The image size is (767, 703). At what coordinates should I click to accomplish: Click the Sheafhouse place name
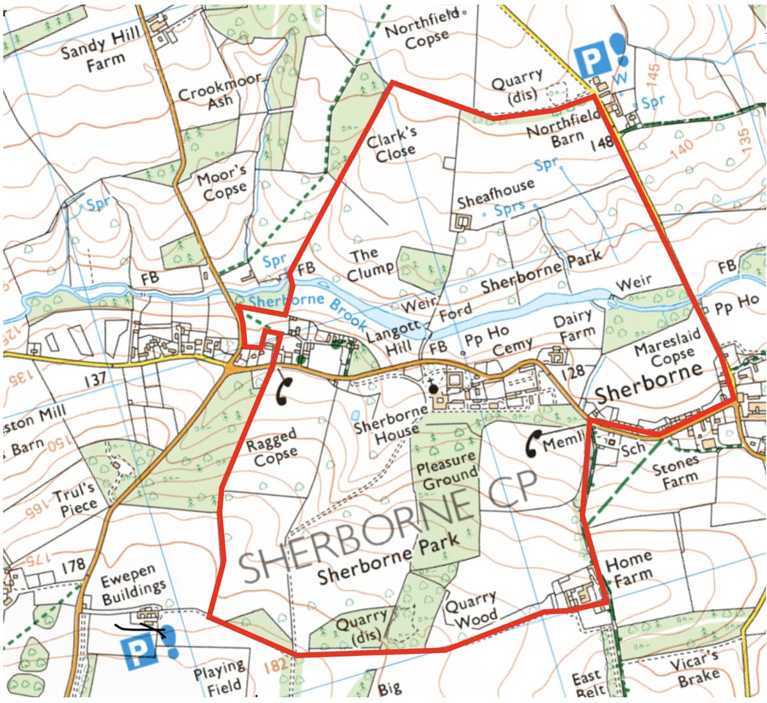click(x=495, y=194)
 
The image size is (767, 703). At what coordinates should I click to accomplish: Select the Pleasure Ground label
click(x=447, y=471)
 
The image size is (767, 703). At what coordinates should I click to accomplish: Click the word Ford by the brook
click(x=455, y=311)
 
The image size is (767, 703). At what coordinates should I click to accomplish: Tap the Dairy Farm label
click(x=573, y=326)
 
